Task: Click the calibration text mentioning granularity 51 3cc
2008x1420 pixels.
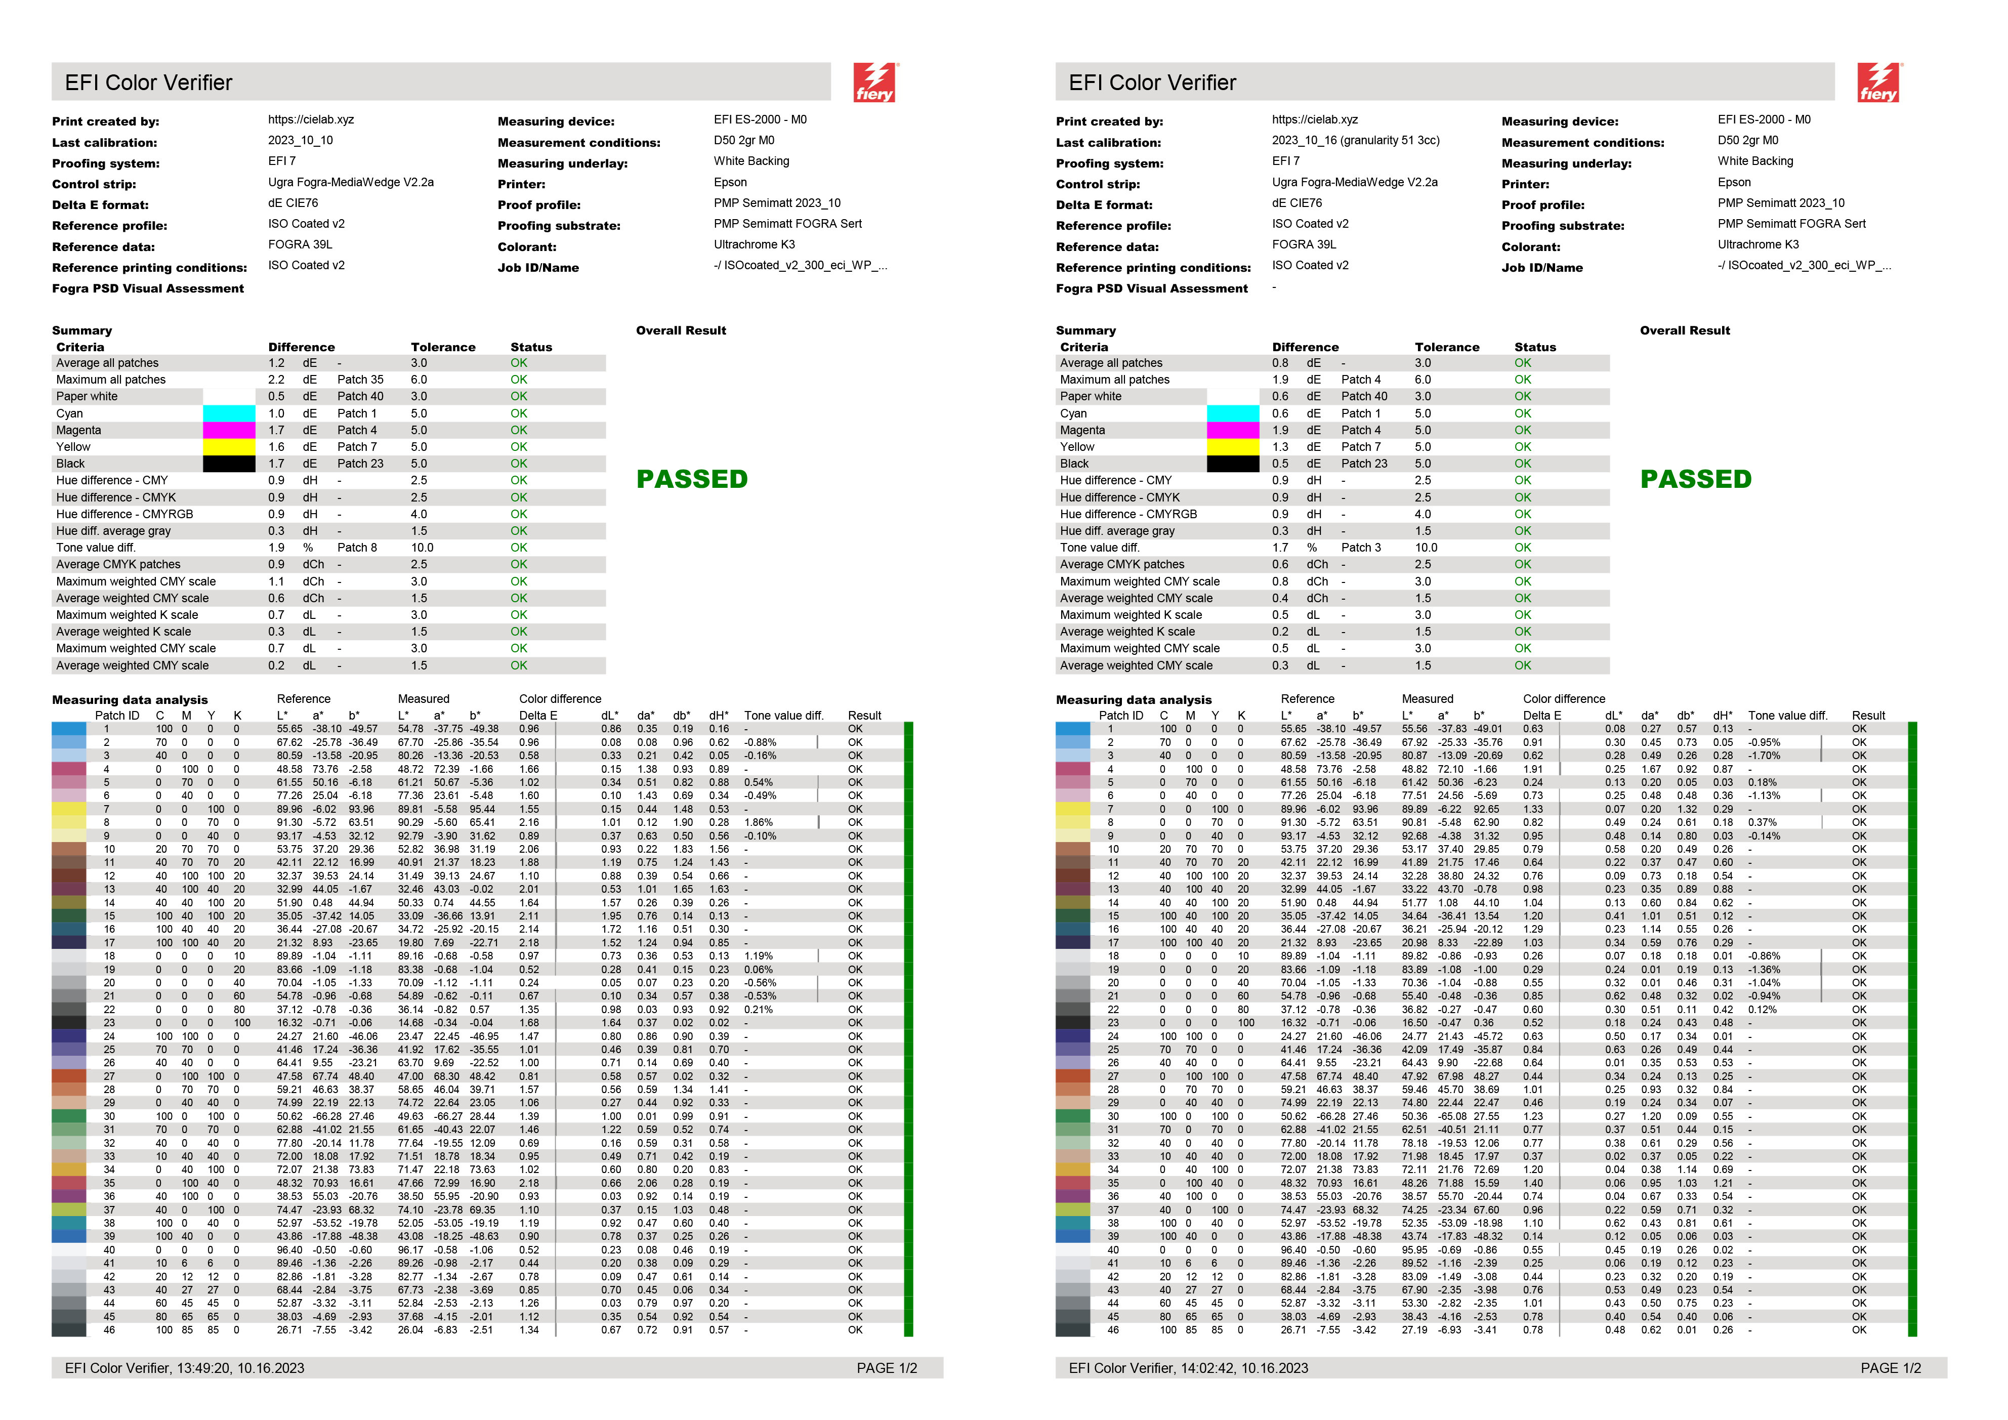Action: pos(1356,140)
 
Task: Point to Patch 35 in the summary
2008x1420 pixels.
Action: pos(360,380)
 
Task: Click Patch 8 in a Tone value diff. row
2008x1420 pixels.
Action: pos(357,548)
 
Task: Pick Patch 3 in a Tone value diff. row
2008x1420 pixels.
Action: pos(1361,548)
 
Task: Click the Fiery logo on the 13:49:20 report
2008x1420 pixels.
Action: pos(874,83)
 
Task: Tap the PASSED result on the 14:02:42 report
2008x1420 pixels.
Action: pos(1696,479)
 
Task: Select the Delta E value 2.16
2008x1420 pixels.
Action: pos(529,822)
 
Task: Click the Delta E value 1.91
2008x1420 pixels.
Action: pos(1533,769)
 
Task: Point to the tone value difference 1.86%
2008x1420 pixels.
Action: pos(758,822)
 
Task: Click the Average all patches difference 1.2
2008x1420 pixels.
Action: pos(276,363)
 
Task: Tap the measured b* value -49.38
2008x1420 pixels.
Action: pos(484,728)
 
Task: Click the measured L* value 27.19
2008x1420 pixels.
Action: pos(1415,1330)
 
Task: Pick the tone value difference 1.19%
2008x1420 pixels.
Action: pos(758,956)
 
